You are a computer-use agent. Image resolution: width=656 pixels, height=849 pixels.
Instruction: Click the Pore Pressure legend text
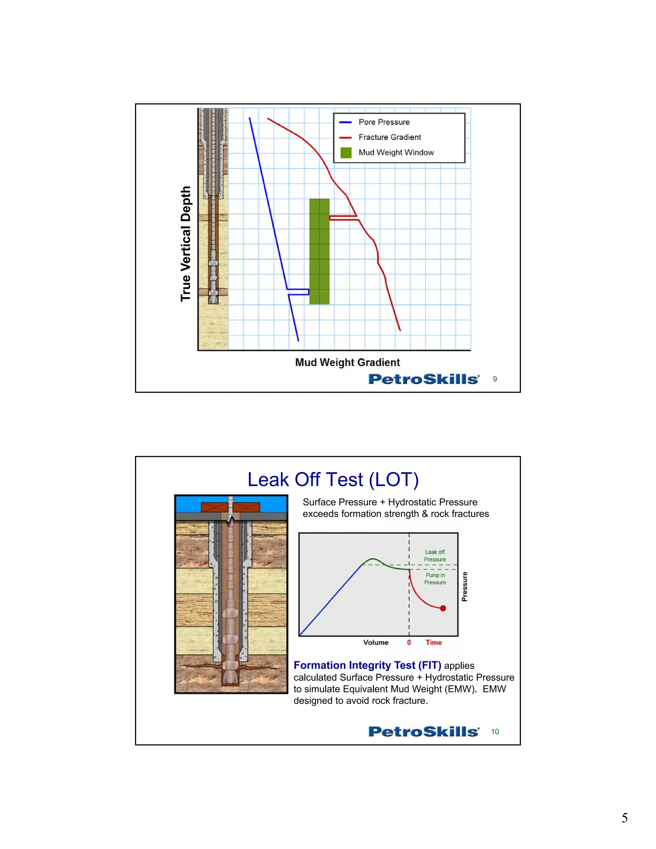click(x=384, y=122)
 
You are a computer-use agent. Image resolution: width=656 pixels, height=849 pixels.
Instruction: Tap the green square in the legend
click(x=346, y=153)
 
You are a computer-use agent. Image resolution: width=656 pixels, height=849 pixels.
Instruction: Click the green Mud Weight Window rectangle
click(x=319, y=251)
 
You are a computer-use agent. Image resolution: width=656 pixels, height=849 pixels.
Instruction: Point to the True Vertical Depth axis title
click(x=186, y=244)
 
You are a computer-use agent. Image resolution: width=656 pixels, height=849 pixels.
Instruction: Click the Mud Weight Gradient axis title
click(x=348, y=362)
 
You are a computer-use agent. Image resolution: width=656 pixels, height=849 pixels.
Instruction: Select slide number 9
click(x=495, y=379)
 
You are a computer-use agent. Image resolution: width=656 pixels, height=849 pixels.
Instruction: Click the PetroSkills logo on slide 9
click(x=423, y=379)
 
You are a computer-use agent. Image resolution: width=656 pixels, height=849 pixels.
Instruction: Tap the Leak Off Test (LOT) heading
click(x=333, y=480)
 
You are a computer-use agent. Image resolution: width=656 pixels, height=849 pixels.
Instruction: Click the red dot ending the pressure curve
click(x=443, y=608)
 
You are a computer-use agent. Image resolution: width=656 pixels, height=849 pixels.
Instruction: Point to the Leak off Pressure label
click(x=435, y=556)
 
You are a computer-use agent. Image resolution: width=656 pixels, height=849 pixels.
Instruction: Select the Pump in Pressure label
click(x=435, y=579)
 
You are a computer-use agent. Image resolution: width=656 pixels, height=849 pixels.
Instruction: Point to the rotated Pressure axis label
click(x=464, y=587)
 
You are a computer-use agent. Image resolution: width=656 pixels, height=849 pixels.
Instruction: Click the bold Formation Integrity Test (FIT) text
click(x=367, y=665)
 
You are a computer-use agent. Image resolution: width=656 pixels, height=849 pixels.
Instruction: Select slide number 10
click(x=495, y=732)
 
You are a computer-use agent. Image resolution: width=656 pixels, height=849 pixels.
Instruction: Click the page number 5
click(x=625, y=818)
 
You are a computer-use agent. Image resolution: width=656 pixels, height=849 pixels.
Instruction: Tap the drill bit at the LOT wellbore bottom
click(x=230, y=676)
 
